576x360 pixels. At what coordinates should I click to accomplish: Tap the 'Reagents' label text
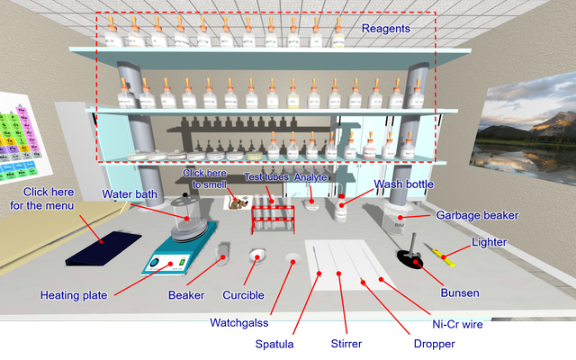[385, 29]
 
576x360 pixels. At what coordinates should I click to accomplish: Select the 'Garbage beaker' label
[477, 216]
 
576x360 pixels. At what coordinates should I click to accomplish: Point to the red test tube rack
[272, 219]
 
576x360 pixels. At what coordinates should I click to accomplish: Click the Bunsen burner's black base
[411, 261]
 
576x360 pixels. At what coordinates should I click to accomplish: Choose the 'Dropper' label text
[435, 343]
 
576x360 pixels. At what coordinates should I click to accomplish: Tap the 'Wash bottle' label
[404, 184]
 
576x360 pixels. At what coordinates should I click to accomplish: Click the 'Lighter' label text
[489, 242]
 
